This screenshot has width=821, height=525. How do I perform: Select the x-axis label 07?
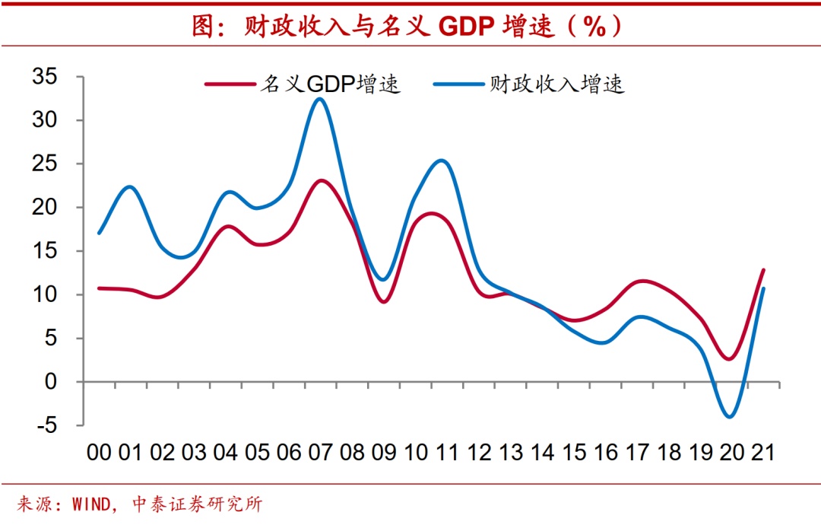320,453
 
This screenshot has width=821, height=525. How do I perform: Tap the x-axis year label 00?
99,453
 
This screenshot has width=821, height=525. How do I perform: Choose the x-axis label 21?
762,453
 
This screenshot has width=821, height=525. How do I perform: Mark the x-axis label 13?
510,453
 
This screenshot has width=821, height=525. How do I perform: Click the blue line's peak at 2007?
320,99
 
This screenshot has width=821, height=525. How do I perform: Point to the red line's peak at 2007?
322,180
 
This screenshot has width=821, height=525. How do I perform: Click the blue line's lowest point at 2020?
731,417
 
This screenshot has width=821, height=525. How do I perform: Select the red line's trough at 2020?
729,359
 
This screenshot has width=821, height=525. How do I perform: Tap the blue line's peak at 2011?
442,160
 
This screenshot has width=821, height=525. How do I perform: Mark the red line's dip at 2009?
384,302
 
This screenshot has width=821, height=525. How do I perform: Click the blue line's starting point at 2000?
99,233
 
